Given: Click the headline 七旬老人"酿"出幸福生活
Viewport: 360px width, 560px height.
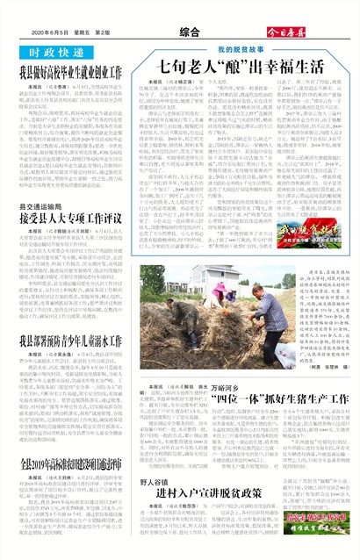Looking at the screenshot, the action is click(x=240, y=67).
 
